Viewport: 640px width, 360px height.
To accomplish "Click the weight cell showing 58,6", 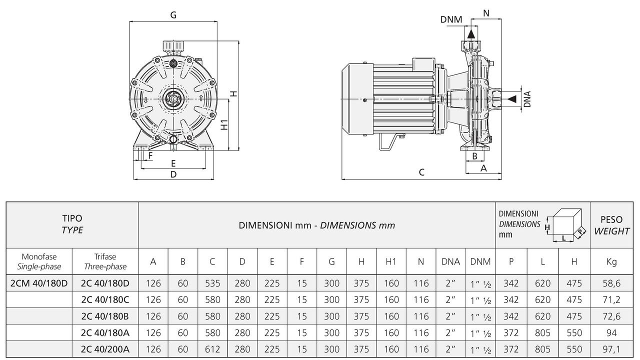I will click(x=611, y=283).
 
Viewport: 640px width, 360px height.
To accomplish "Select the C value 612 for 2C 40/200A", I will click(x=212, y=349).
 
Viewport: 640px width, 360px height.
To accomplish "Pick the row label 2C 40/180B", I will click(x=105, y=316).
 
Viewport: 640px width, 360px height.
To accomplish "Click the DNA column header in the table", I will click(x=450, y=261).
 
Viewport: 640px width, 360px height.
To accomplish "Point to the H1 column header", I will click(x=391, y=261).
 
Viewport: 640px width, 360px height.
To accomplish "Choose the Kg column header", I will click(x=611, y=261).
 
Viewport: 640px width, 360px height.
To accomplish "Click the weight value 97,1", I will click(x=611, y=349).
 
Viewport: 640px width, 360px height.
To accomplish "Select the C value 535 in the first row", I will click(x=212, y=283).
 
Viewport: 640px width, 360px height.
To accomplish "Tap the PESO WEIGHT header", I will click(x=611, y=225).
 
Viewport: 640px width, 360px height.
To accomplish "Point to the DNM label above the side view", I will click(x=451, y=19).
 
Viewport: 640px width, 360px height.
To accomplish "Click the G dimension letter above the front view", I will click(x=173, y=15).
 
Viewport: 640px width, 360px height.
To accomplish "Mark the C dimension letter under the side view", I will click(x=421, y=172).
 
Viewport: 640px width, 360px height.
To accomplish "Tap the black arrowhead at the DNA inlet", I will click(x=510, y=99).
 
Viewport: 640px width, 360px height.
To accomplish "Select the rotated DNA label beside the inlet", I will click(x=527, y=99).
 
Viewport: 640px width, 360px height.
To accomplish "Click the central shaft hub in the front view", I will click(x=173, y=99).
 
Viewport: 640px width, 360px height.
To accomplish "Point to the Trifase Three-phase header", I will click(x=105, y=261).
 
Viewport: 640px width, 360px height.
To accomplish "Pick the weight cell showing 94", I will click(x=611, y=333).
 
